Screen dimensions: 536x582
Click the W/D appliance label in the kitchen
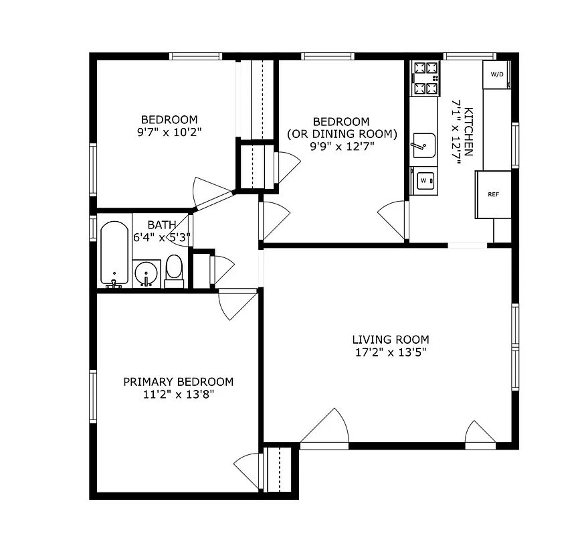497,74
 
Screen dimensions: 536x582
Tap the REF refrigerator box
494,194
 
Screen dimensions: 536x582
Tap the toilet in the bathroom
174,271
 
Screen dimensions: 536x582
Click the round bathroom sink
147,273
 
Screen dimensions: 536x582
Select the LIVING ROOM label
391,340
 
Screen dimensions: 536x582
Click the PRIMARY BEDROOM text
179,382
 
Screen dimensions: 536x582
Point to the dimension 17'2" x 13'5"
391,352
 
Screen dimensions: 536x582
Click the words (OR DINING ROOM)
342,134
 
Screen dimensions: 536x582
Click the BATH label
162,224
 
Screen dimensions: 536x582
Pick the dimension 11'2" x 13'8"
179,395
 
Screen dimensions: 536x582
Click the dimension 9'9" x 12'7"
341,147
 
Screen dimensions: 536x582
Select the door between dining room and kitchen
393,218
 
